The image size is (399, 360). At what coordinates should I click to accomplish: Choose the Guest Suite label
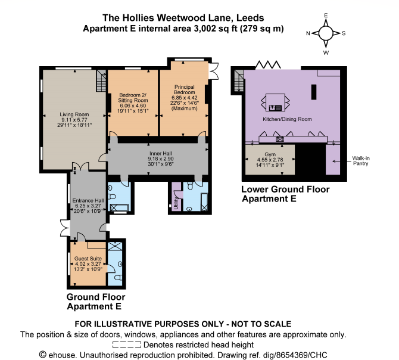[x=87, y=258]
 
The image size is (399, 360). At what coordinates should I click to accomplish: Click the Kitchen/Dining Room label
[x=288, y=119]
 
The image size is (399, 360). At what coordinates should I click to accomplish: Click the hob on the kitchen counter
[x=279, y=139]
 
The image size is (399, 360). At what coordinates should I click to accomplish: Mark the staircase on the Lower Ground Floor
[x=239, y=77]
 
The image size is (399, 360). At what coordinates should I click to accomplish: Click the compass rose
[x=326, y=33]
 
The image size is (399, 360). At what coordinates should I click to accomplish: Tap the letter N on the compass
[x=307, y=34]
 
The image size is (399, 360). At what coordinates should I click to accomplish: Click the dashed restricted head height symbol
[x=127, y=344]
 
